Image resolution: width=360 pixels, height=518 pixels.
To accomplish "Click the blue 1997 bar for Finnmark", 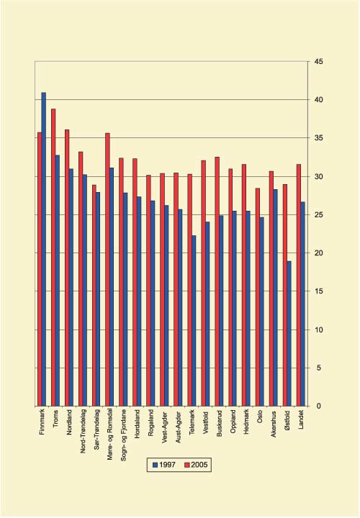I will [x=44, y=249].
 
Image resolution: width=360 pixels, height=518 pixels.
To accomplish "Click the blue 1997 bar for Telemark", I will [x=194, y=320].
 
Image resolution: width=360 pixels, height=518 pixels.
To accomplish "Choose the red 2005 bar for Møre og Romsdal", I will [x=107, y=269].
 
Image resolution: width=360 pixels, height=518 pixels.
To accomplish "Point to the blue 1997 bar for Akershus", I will [x=275, y=297].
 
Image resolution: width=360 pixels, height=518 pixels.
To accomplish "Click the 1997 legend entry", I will [x=164, y=464].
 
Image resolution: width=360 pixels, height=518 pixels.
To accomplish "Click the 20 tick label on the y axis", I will [x=318, y=253].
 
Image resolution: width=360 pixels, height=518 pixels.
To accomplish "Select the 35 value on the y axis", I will [x=318, y=138].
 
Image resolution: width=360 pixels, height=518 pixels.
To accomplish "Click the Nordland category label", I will [x=66, y=422].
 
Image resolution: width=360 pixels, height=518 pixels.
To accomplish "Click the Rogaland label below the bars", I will [x=148, y=423].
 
